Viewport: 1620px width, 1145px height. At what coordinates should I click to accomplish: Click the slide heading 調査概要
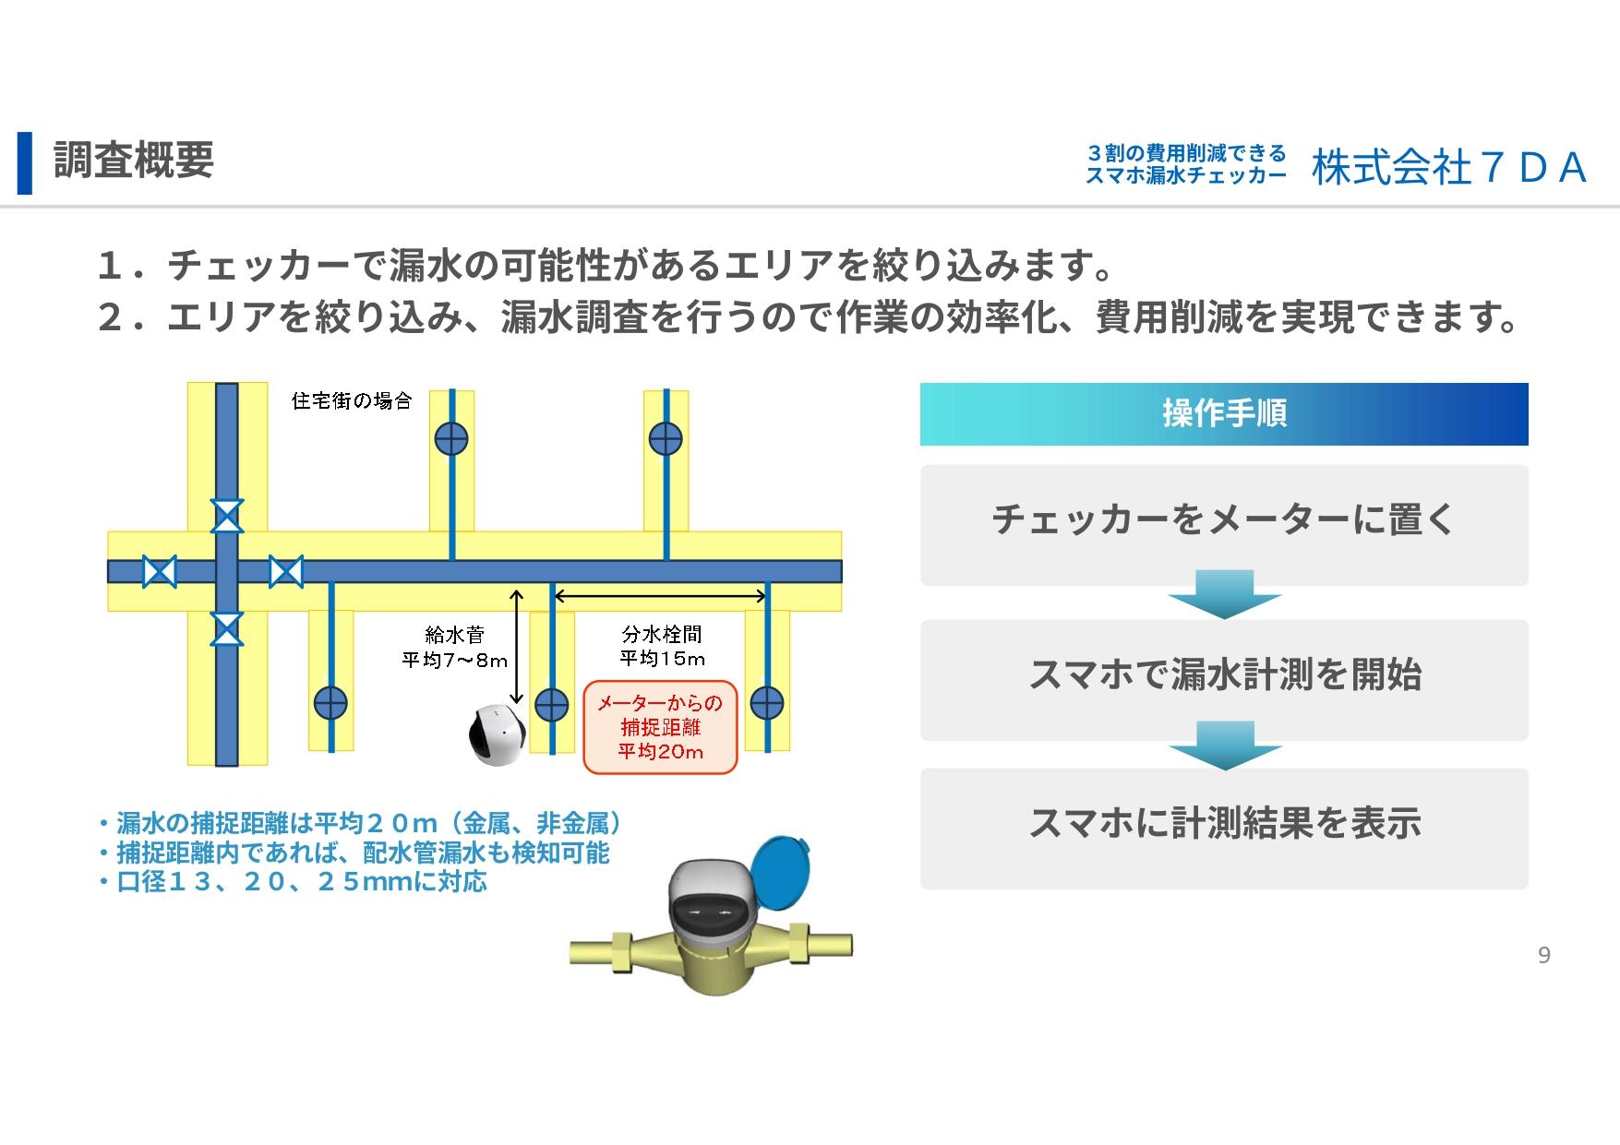click(134, 161)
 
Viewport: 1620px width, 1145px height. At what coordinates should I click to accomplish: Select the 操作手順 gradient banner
click(1224, 414)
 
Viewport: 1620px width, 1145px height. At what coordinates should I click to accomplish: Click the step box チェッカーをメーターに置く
click(1224, 525)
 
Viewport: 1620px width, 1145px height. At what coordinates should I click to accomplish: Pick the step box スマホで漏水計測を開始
click(1224, 680)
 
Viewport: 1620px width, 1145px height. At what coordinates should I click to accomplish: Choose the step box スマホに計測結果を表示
click(1224, 829)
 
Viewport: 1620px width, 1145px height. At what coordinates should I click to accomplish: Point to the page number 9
click(1543, 956)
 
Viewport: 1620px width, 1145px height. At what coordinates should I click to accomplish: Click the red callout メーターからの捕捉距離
click(661, 727)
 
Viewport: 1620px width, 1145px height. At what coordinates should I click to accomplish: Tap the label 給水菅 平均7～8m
click(454, 647)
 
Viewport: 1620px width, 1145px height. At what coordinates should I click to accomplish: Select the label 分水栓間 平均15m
click(662, 646)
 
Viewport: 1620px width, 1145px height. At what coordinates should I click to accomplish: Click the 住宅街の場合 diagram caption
click(352, 400)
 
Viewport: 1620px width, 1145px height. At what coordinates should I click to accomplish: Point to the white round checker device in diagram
click(497, 735)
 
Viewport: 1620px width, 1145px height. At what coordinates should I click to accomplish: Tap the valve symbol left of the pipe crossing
click(159, 572)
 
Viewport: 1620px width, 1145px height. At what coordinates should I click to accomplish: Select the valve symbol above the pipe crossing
click(227, 516)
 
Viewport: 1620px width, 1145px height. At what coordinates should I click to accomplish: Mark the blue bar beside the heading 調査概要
click(25, 163)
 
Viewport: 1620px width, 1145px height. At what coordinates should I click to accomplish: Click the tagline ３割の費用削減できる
click(1187, 152)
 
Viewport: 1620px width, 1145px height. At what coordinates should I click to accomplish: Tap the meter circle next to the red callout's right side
click(767, 704)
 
